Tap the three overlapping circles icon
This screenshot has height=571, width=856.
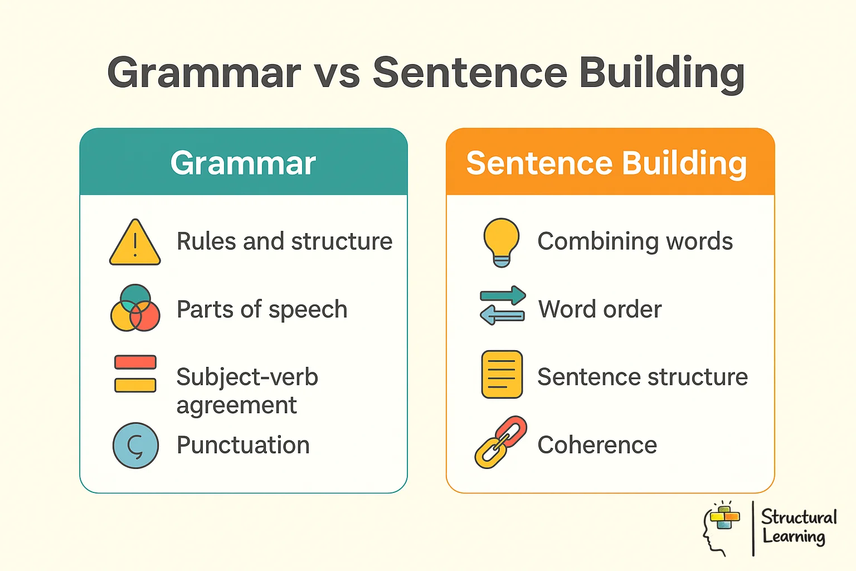[x=135, y=308]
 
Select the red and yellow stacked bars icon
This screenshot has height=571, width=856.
[x=135, y=374]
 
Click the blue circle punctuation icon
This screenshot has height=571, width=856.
[x=135, y=446]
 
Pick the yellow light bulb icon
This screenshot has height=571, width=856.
[x=502, y=242]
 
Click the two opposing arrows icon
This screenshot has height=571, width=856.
[x=502, y=306]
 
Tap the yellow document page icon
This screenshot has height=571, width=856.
[x=502, y=374]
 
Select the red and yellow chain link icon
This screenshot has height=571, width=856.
[x=500, y=442]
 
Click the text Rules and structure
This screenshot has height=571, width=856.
[x=284, y=241]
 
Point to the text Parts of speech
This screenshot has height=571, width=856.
[x=262, y=309]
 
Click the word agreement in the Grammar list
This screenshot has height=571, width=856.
[x=236, y=405]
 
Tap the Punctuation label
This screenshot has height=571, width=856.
[x=243, y=445]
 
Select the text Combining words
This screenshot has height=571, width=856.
[x=635, y=241]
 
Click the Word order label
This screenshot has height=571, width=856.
[x=600, y=309]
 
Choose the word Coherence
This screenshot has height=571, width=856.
[x=597, y=445]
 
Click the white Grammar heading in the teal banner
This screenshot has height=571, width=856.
[x=243, y=163]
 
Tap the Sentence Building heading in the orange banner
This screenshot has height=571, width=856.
[x=606, y=163]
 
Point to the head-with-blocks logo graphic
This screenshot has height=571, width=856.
[x=721, y=528]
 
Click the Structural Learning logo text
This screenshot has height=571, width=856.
[x=799, y=526]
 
